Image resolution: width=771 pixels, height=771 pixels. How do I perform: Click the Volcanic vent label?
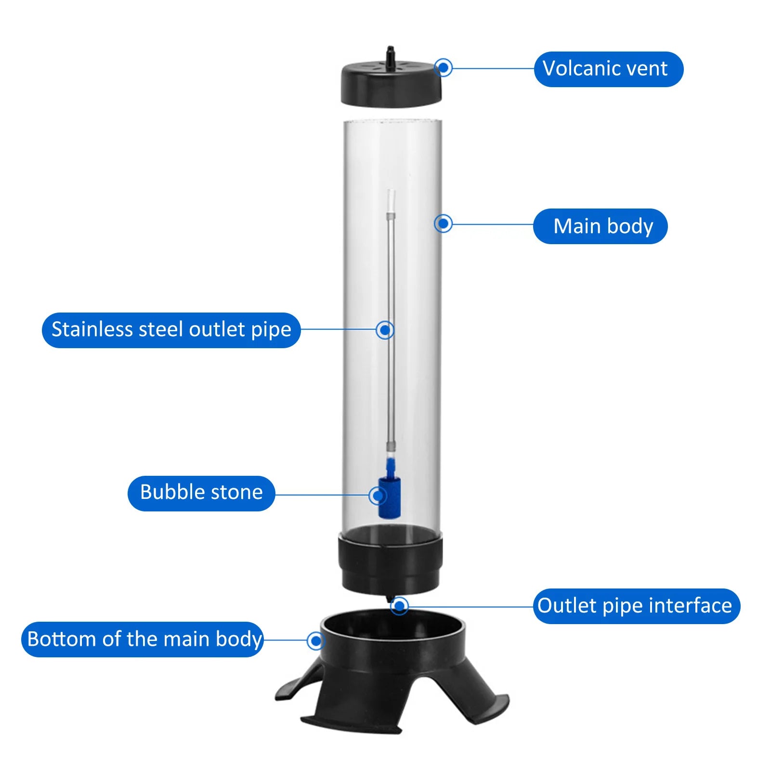tap(608, 69)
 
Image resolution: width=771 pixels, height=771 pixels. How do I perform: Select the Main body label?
tap(600, 226)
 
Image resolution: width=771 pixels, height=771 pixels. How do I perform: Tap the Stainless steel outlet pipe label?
tap(171, 330)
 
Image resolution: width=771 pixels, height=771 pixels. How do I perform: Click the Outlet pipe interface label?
tap(636, 606)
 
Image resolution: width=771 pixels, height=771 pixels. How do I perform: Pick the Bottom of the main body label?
tap(143, 640)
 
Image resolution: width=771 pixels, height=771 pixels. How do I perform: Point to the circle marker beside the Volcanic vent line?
tap(444, 67)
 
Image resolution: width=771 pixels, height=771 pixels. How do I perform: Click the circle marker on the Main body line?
tap(443, 223)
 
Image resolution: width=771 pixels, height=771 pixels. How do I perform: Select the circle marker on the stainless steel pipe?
tap(385, 330)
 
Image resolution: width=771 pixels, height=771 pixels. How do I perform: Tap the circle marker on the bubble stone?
tap(378, 495)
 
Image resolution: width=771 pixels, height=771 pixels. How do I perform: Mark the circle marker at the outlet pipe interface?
tap(399, 605)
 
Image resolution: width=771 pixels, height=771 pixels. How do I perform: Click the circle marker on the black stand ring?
tap(315, 640)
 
